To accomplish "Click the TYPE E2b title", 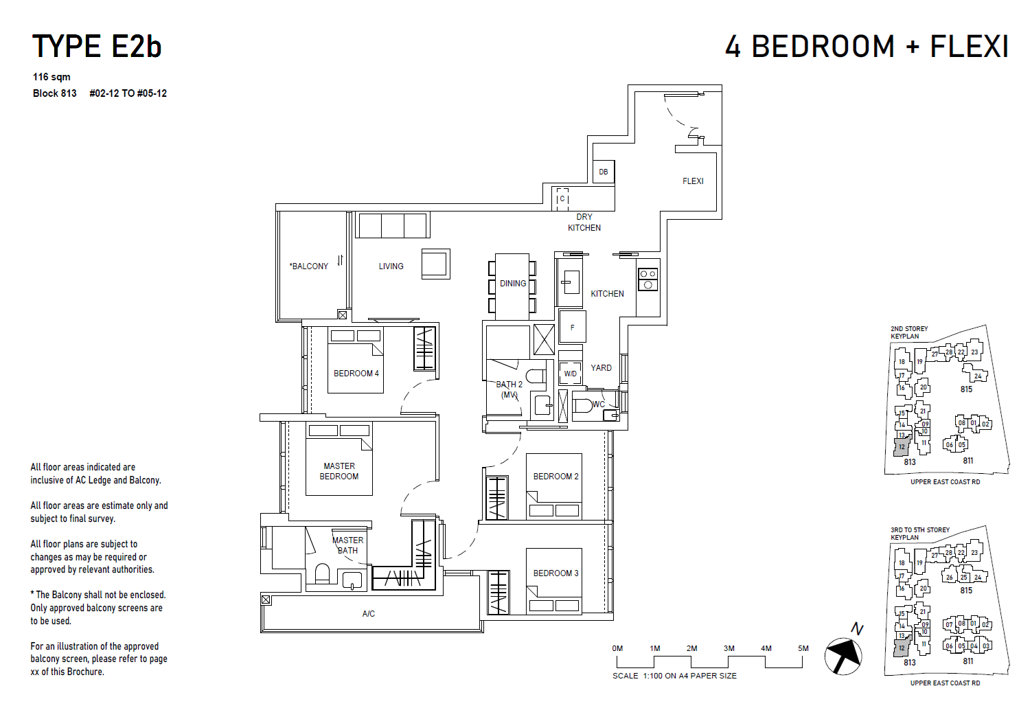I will tap(97, 47).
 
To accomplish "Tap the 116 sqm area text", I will tap(51, 77).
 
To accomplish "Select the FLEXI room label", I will tap(693, 181).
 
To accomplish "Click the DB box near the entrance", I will tap(604, 172).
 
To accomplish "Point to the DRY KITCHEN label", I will tap(584, 222).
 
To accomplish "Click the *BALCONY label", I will tap(309, 266).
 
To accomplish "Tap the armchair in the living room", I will tap(436, 264).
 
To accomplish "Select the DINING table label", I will tap(513, 284).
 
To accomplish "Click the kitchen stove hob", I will tap(648, 279).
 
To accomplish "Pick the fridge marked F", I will tap(572, 327).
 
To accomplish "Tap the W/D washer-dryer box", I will tap(571, 374).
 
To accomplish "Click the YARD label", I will tap(601, 368).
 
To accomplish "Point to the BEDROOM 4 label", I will tap(356, 374).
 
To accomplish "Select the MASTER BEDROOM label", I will tap(339, 471).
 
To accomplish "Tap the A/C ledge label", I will tap(369, 614).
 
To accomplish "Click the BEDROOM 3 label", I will tap(555, 573).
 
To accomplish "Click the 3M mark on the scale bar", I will tap(729, 649).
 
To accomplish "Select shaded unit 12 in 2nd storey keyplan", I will tap(902, 446).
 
